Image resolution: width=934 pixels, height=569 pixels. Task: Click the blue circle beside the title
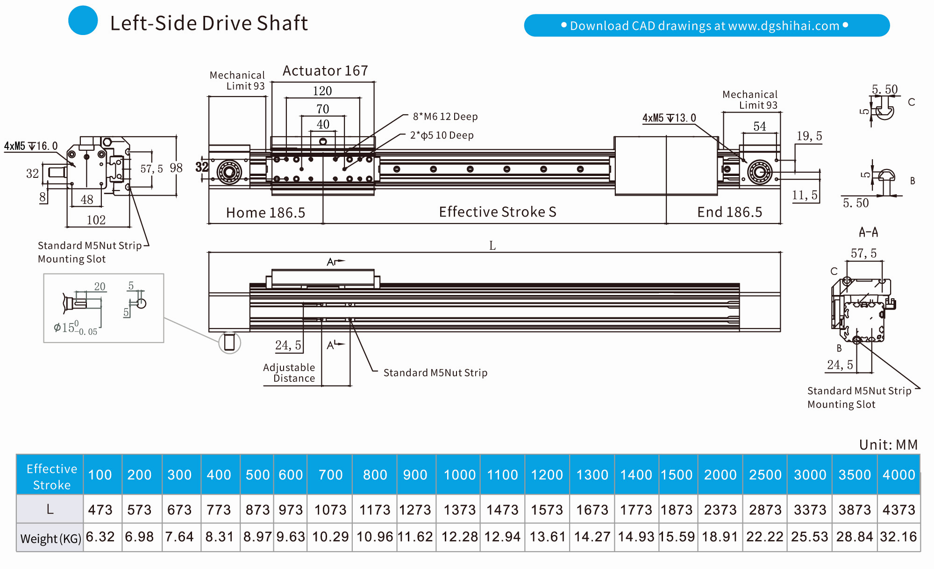[83, 21]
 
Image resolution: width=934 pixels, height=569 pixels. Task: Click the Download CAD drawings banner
[706, 25]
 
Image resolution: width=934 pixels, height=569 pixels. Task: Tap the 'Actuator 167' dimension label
[325, 71]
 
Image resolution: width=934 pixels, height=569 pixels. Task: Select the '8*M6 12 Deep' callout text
[445, 117]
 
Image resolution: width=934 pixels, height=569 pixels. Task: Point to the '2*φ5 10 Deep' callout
[442, 135]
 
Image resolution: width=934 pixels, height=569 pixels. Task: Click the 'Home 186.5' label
[265, 213]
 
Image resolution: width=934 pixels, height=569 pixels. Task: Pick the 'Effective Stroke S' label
[497, 212]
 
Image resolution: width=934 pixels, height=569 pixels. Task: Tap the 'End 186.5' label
[729, 212]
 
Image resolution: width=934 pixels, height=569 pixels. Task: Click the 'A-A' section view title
[868, 232]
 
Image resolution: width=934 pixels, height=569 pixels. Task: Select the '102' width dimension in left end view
[96, 220]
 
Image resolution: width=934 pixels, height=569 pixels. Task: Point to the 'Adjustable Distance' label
[289, 373]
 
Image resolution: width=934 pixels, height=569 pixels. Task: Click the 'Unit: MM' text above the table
[888, 445]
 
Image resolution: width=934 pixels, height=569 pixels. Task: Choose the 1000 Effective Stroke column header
[459, 475]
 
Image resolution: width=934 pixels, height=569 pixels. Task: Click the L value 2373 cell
[720, 510]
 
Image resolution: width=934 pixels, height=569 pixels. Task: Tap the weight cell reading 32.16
[898, 537]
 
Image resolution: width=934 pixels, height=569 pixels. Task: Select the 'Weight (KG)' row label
[50, 539]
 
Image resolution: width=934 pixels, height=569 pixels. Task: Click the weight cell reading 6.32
[100, 537]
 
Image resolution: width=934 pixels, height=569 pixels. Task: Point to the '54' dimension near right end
[759, 126]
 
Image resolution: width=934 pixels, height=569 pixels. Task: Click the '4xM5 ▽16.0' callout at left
[31, 146]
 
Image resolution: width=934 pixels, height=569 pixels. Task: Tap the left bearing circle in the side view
[229, 172]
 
